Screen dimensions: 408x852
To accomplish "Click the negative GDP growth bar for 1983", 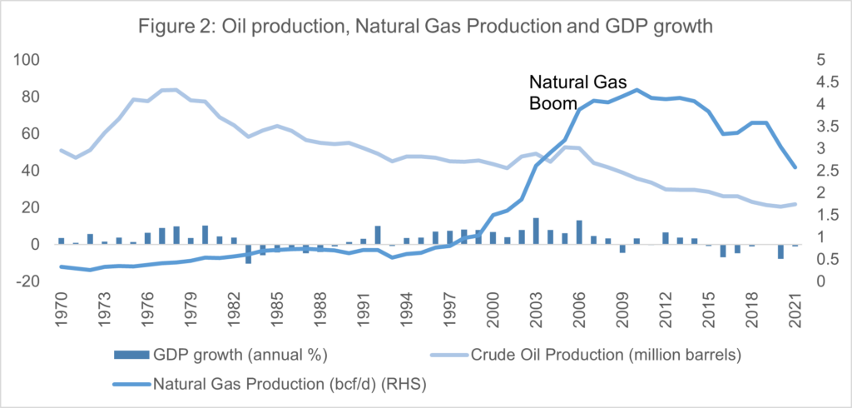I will click(248, 253).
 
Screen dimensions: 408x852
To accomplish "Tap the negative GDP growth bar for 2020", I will click(780, 251).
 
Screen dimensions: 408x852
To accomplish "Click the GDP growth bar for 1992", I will click(378, 235).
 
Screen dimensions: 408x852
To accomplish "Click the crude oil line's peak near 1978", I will click(176, 89).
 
